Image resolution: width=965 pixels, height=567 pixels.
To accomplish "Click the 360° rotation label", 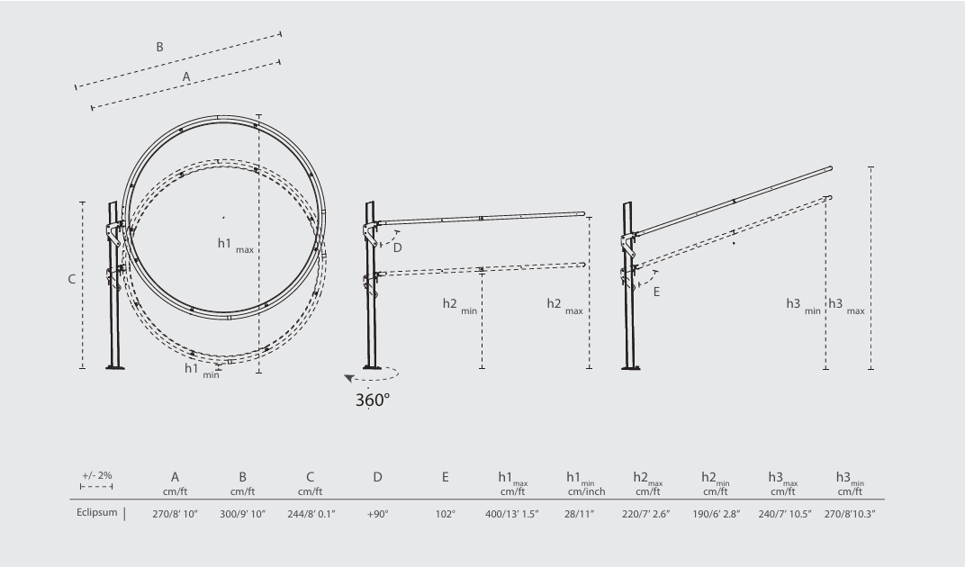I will coord(373,399).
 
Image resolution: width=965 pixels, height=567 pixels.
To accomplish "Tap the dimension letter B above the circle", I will coord(159,47).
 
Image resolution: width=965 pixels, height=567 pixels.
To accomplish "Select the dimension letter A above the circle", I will coord(186,77).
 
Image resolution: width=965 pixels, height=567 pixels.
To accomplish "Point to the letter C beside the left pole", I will coord(71,280).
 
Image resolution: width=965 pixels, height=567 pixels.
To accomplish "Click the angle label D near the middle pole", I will coord(397,247).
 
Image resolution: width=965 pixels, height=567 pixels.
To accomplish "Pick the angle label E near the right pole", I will coord(656,292).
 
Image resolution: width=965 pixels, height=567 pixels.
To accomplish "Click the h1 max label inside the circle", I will coord(236,245).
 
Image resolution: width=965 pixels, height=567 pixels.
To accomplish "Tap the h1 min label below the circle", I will coord(201,369).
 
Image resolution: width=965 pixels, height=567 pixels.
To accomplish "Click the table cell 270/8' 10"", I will coord(175,514).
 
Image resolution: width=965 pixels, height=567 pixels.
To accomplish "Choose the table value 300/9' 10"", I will coord(242,514).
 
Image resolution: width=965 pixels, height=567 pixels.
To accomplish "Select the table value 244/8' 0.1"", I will coord(310,514).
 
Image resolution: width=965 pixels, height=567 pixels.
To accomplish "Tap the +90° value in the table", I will coord(377,514).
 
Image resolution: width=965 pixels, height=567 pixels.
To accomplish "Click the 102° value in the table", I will coord(445,514).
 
